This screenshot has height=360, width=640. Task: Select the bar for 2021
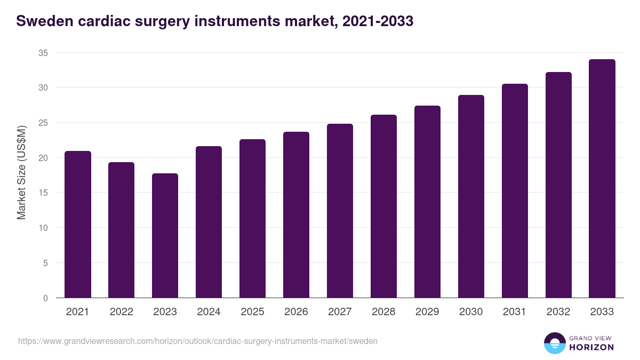pyautogui.click(x=78, y=225)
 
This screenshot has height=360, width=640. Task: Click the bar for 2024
pyautogui.click(x=209, y=222)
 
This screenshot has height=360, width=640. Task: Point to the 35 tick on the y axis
pyautogui.click(x=43, y=53)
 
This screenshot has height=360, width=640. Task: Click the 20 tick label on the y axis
pyautogui.click(x=43, y=158)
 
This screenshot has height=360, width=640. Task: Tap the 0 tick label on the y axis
pyautogui.click(x=45, y=298)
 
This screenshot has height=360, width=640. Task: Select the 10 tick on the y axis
pyautogui.click(x=43, y=228)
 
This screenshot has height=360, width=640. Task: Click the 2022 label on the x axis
pyautogui.click(x=121, y=312)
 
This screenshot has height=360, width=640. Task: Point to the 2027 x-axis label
pyautogui.click(x=340, y=312)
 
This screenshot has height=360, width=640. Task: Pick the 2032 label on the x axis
pyautogui.click(x=558, y=312)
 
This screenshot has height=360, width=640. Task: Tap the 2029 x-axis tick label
pyautogui.click(x=427, y=312)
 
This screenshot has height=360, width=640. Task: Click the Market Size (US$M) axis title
pyautogui.click(x=21, y=172)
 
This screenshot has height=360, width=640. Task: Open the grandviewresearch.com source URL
pyautogui.click(x=198, y=341)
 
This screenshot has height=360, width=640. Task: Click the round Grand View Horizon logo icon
pyautogui.click(x=555, y=343)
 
